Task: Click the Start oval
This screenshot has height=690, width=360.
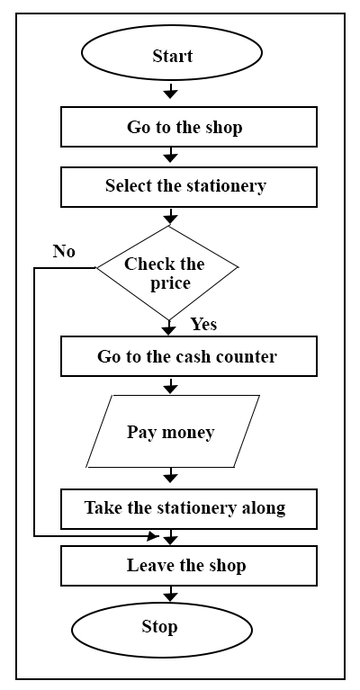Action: [172, 53]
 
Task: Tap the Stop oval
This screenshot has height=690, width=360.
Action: [162, 630]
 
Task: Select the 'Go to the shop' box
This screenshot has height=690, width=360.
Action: [189, 127]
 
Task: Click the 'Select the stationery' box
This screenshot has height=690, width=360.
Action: [189, 187]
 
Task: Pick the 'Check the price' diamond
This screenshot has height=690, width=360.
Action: [167, 273]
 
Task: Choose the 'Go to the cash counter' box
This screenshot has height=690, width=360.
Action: [189, 356]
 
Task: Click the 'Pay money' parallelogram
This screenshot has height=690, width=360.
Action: [173, 431]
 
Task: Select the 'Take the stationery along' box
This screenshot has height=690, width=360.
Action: [189, 508]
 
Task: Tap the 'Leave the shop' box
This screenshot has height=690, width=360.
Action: [189, 566]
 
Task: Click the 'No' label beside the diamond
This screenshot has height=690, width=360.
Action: [64, 251]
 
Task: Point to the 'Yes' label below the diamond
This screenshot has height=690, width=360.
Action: [203, 325]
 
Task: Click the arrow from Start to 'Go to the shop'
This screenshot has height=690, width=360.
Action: [170, 90]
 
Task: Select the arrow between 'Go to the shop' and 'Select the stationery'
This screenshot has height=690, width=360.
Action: [170, 155]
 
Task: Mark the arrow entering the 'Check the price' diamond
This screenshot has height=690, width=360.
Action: [170, 216]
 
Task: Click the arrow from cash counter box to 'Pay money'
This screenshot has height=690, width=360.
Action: [170, 385]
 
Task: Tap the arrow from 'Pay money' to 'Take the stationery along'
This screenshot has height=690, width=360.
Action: [170, 475]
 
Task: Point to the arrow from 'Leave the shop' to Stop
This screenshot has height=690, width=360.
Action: [170, 594]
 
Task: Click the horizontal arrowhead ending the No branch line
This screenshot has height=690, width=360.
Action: [154, 536]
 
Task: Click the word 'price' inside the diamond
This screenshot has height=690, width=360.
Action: [170, 284]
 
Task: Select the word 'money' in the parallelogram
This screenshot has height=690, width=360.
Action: [188, 434]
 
